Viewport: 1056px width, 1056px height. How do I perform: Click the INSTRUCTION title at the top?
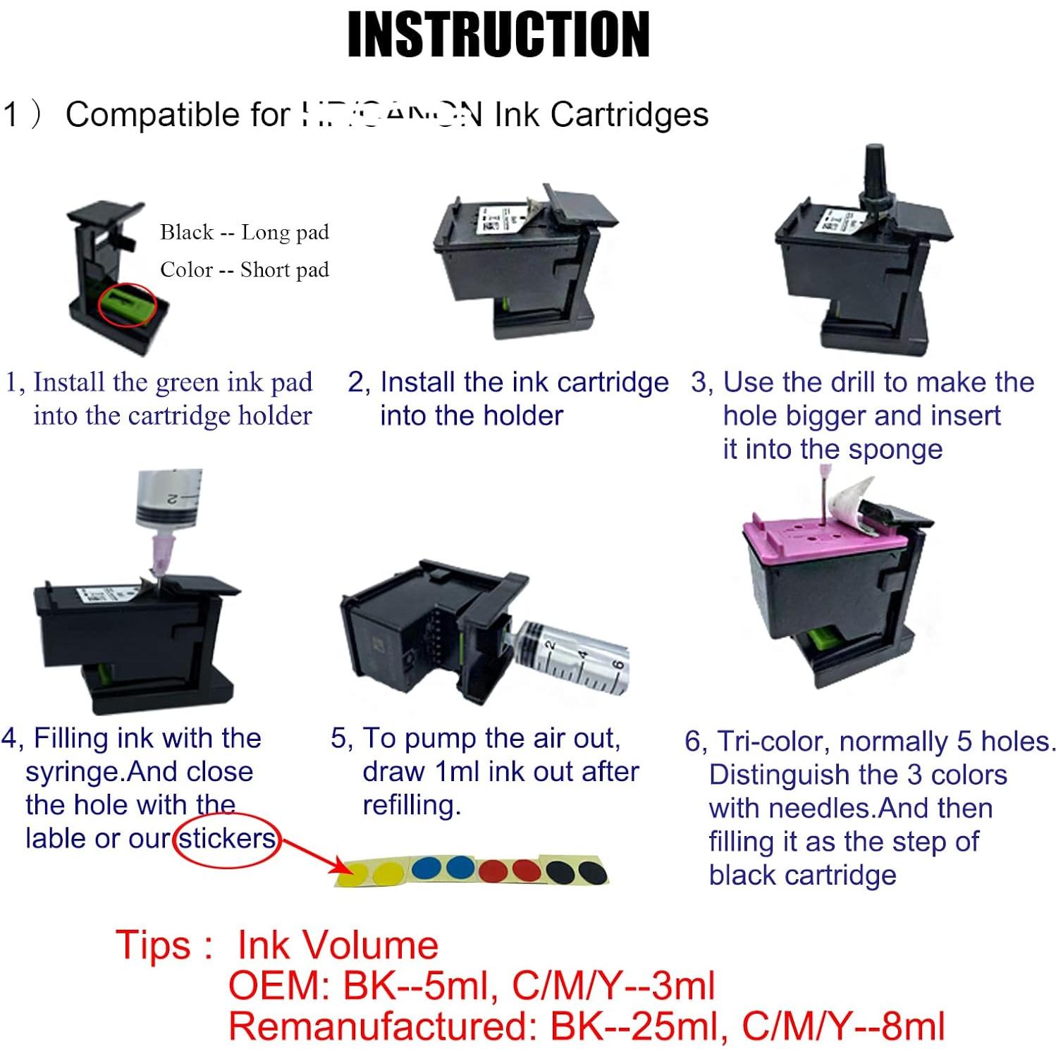pyautogui.click(x=498, y=35)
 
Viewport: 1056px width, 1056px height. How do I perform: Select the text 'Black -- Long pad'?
pyautogui.click(x=244, y=232)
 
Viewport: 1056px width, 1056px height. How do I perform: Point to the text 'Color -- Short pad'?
pyautogui.click(x=244, y=269)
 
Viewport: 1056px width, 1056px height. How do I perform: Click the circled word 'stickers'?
pyautogui.click(x=227, y=838)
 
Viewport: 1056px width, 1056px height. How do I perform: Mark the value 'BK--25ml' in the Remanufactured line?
pyautogui.click(x=639, y=1026)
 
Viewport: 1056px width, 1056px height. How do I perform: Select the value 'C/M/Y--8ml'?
pyautogui.click(x=843, y=1026)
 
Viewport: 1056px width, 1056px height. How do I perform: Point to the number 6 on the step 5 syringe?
pyautogui.click(x=618, y=665)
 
